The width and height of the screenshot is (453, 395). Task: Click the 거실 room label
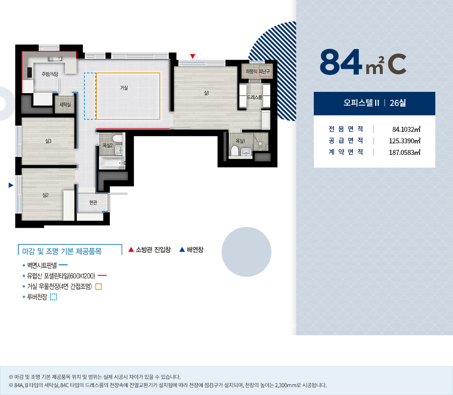[124, 88]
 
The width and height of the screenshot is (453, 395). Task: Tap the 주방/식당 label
[50, 74]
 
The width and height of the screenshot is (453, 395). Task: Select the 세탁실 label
[65, 104]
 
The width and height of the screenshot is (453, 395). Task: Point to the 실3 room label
[48, 141]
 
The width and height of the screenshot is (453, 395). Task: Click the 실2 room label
[45, 195]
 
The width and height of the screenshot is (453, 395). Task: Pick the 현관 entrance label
[93, 203]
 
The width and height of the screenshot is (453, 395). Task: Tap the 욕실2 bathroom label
[108, 145]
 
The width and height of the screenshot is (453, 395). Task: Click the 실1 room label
[206, 93]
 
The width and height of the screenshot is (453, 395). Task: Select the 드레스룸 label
[255, 97]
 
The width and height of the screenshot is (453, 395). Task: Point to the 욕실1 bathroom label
[241, 141]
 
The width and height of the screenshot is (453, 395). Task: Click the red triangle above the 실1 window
[193, 56]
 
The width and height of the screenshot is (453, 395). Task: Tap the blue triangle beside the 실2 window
[11, 185]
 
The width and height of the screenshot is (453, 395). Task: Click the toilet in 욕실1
[234, 151]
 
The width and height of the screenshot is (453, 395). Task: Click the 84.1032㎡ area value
[406, 129]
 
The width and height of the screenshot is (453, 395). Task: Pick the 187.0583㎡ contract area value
[404, 152]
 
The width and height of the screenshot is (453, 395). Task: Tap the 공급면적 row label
[346, 141]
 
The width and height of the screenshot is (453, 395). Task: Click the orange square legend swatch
[98, 287]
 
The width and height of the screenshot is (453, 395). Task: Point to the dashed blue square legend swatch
[54, 297]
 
